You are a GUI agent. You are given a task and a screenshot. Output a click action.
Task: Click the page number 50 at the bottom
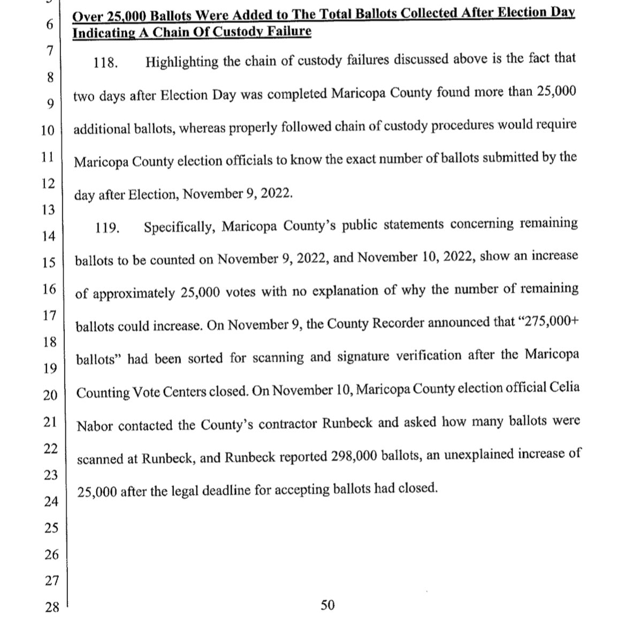coord(327,606)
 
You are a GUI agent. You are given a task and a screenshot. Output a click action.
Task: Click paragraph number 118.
coord(104,63)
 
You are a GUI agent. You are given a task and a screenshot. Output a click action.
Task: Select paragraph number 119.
coord(106,228)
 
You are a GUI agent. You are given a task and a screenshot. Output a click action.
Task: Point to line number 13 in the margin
coord(49,209)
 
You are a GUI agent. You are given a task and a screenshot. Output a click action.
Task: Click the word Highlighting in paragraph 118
coord(182,62)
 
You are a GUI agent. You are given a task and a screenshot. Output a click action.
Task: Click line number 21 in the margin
coord(50,421)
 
